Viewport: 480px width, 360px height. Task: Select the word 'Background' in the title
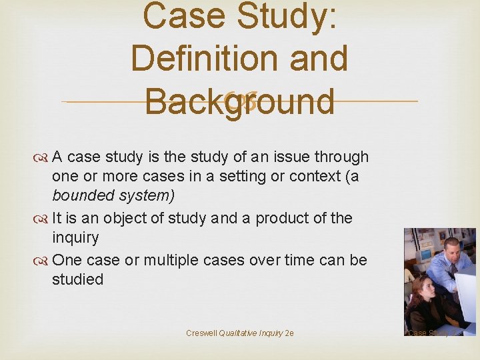coord(239,101)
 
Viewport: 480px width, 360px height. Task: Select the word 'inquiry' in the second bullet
coord(75,238)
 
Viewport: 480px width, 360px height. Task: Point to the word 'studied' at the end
coord(77,279)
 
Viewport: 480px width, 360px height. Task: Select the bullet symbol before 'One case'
coord(43,260)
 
